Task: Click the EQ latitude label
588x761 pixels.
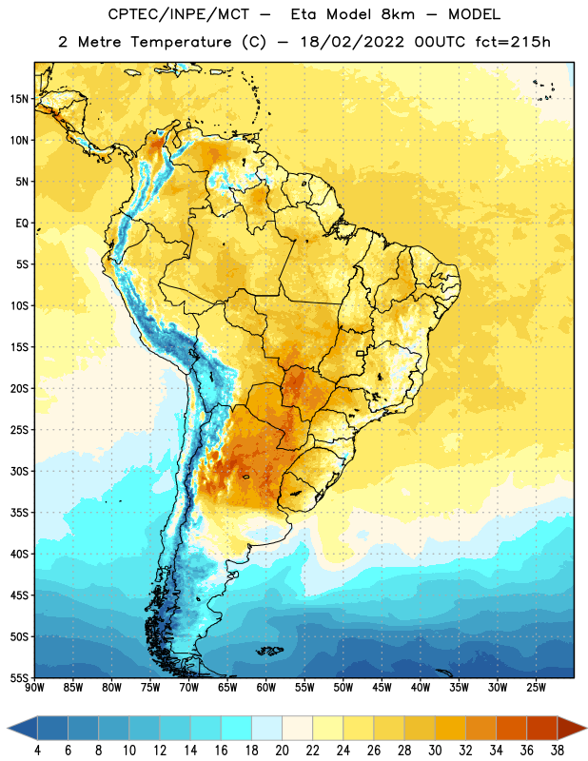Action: point(22,224)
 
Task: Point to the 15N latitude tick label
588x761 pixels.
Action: point(19,99)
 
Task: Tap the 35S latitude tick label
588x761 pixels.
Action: point(19,513)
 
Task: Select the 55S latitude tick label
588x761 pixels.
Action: point(19,677)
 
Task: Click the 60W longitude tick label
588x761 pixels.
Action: point(266,687)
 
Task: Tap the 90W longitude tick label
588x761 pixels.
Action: point(35,687)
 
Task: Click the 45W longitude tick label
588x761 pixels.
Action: point(382,687)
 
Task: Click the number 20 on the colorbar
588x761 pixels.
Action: point(282,751)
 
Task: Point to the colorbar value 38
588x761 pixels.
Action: point(557,751)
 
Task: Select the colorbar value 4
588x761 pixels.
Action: point(37,751)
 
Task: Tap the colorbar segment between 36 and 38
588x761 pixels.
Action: point(542,728)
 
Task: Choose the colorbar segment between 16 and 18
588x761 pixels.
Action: point(236,728)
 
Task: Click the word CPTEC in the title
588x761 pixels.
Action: point(126,14)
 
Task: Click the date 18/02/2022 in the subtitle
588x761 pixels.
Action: point(352,42)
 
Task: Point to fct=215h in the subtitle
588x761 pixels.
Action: point(513,42)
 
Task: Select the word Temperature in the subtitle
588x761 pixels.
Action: point(181,42)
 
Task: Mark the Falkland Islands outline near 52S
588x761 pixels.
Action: point(269,651)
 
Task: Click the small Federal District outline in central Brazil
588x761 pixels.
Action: point(361,354)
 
